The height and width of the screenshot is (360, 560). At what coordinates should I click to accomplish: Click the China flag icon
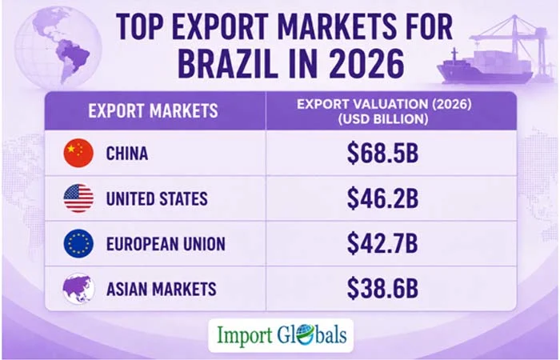click(78, 153)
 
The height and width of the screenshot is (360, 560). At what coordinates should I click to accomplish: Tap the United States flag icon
click(78, 198)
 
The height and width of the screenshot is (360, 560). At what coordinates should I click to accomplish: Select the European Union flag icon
click(78, 243)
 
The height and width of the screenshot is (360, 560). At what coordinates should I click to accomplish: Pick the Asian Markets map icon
click(78, 289)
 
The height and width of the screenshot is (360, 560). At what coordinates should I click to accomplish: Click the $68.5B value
click(382, 154)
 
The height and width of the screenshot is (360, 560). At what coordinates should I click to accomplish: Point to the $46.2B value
click(382, 198)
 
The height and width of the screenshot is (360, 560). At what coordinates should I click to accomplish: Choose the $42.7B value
click(382, 244)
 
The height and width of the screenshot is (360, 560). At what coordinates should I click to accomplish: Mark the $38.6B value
click(382, 289)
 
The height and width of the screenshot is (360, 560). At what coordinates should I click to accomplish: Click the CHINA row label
click(127, 154)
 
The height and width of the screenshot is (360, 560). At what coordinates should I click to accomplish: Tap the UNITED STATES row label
click(157, 198)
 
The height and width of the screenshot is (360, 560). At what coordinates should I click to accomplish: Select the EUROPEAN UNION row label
click(166, 244)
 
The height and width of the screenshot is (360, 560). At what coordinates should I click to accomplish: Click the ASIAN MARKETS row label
click(161, 289)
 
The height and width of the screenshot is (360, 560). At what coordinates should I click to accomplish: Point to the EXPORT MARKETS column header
click(153, 110)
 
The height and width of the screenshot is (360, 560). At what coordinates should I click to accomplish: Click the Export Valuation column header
click(384, 111)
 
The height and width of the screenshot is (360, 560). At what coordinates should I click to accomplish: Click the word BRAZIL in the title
click(227, 65)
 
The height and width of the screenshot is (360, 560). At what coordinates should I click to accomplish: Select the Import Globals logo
click(281, 335)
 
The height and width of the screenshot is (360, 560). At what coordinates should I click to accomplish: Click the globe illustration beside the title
click(58, 48)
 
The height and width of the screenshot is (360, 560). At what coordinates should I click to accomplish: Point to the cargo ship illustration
click(485, 66)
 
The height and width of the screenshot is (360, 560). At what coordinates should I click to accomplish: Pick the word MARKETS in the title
click(337, 26)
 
